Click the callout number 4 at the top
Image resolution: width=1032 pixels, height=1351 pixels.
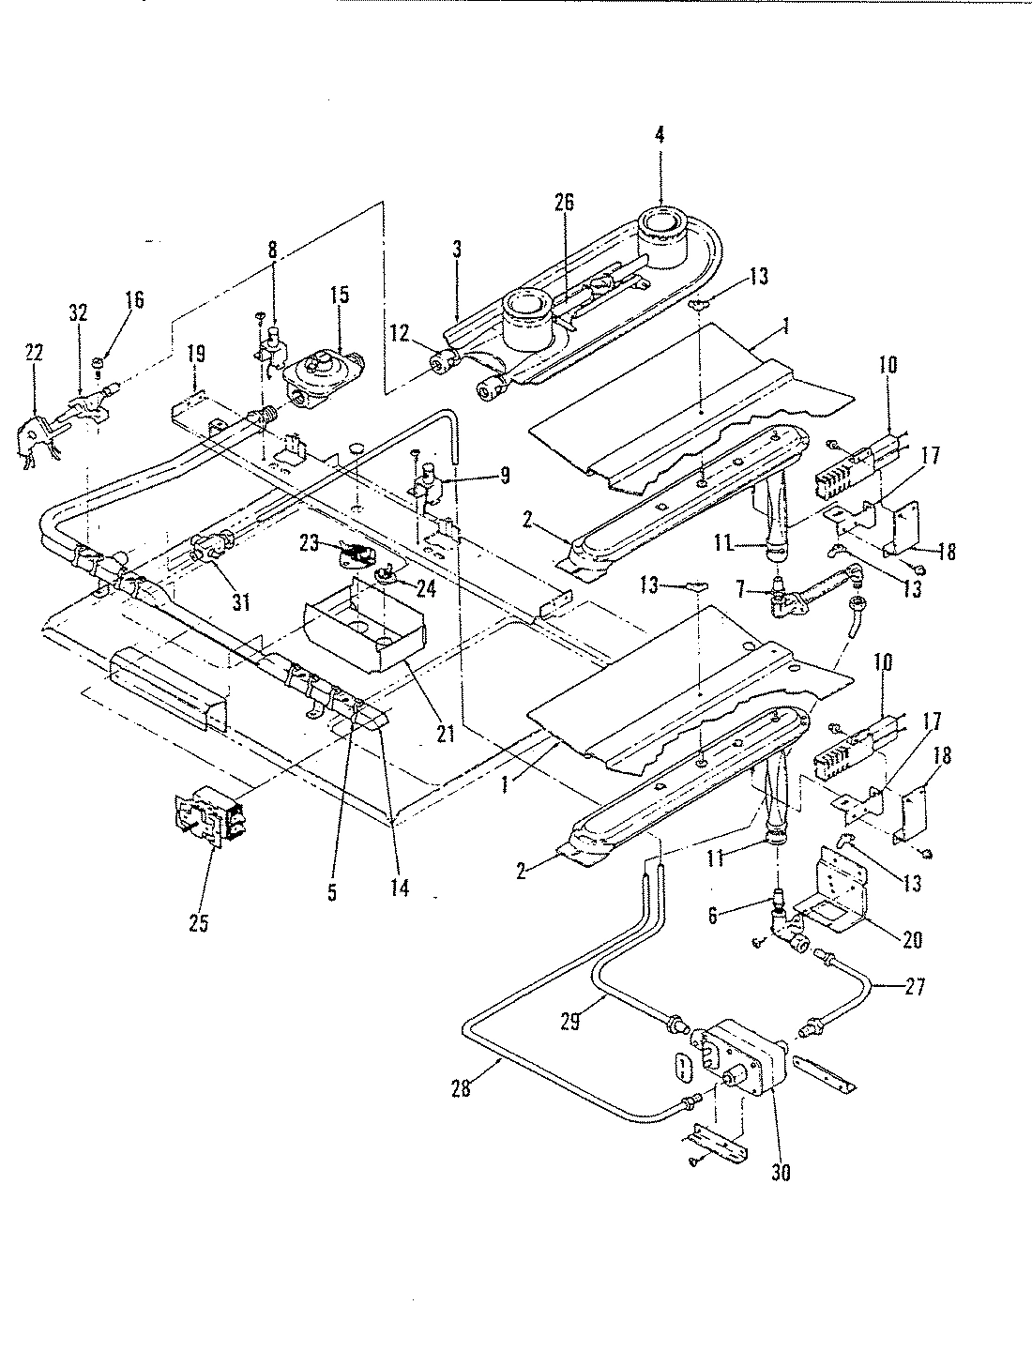(660, 135)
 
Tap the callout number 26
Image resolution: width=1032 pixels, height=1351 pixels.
(564, 202)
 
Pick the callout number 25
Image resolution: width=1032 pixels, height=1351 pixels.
(198, 923)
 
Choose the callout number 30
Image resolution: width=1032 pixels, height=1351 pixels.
(780, 1172)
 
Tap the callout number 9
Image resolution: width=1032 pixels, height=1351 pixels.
(504, 476)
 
